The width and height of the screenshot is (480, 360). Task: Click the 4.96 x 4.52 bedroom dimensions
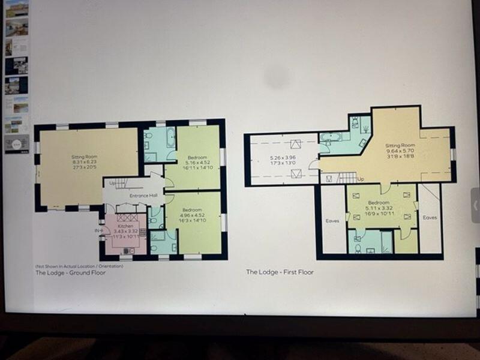tap(195, 217)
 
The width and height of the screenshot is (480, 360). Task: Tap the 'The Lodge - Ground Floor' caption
tap(70, 272)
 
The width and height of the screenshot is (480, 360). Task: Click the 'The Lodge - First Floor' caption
tap(280, 272)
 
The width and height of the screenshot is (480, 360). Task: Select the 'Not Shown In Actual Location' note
tap(79, 266)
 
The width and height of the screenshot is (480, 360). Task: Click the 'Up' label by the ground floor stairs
tap(112, 182)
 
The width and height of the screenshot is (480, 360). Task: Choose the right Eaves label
tap(430, 217)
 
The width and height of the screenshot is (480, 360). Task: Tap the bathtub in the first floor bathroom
tap(330, 137)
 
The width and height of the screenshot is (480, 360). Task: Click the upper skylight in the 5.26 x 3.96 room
tap(295, 144)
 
